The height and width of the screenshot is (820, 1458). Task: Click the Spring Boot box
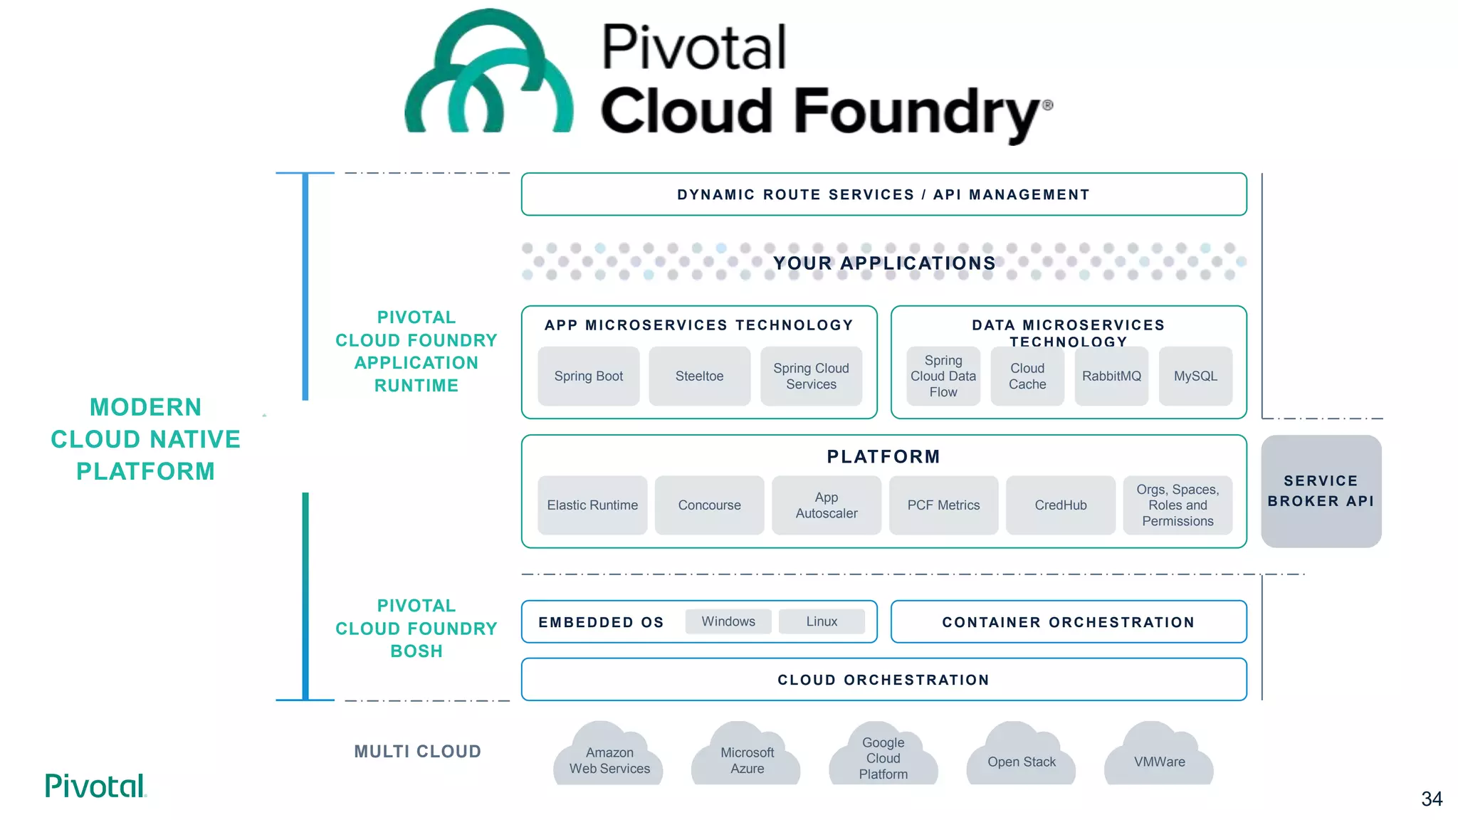pyautogui.click(x=588, y=376)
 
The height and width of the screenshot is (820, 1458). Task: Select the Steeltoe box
pyautogui.click(x=699, y=376)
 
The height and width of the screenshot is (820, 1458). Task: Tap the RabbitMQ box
pyautogui.click(x=1111, y=376)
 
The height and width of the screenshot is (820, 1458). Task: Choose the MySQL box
pyautogui.click(x=1195, y=376)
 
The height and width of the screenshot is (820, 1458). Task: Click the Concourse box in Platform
pyautogui.click(x=709, y=505)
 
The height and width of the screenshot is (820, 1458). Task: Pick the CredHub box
pyautogui.click(x=1060, y=505)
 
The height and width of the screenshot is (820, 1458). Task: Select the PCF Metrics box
pyautogui.click(x=943, y=505)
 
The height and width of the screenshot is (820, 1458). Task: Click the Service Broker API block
pyautogui.click(x=1321, y=491)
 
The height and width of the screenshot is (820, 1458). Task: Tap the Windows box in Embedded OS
pyautogui.click(x=728, y=621)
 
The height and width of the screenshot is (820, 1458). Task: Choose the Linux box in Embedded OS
pyautogui.click(x=822, y=621)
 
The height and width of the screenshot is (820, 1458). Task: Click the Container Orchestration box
pyautogui.click(x=1068, y=622)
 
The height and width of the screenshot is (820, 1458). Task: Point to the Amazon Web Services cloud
pyautogui.click(x=609, y=757)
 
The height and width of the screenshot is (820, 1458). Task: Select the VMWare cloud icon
pyautogui.click(x=1159, y=759)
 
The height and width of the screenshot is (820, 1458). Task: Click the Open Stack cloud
pyautogui.click(x=1021, y=759)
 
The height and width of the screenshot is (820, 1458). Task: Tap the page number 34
pyautogui.click(x=1431, y=799)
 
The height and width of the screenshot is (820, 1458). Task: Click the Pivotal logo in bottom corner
pyautogui.click(x=95, y=786)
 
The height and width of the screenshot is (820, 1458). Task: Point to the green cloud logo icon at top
pyautogui.click(x=488, y=75)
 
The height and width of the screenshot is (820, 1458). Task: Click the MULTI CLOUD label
pyautogui.click(x=417, y=752)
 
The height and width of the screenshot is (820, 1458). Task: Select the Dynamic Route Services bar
pyautogui.click(x=883, y=194)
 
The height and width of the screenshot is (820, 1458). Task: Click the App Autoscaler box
pyautogui.click(x=826, y=505)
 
